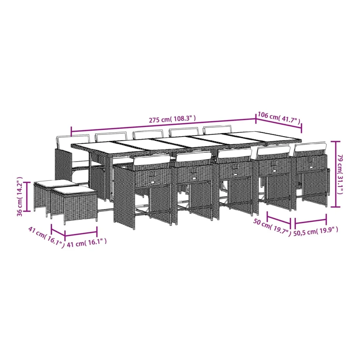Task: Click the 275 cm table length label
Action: [172, 119]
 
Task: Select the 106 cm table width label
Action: [279, 117]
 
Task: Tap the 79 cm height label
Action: [340, 174]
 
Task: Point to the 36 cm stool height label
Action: [20, 197]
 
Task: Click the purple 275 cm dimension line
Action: [163, 125]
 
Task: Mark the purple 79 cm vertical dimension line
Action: [336, 174]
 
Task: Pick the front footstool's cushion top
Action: [73, 190]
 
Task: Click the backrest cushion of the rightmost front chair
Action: [310, 147]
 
